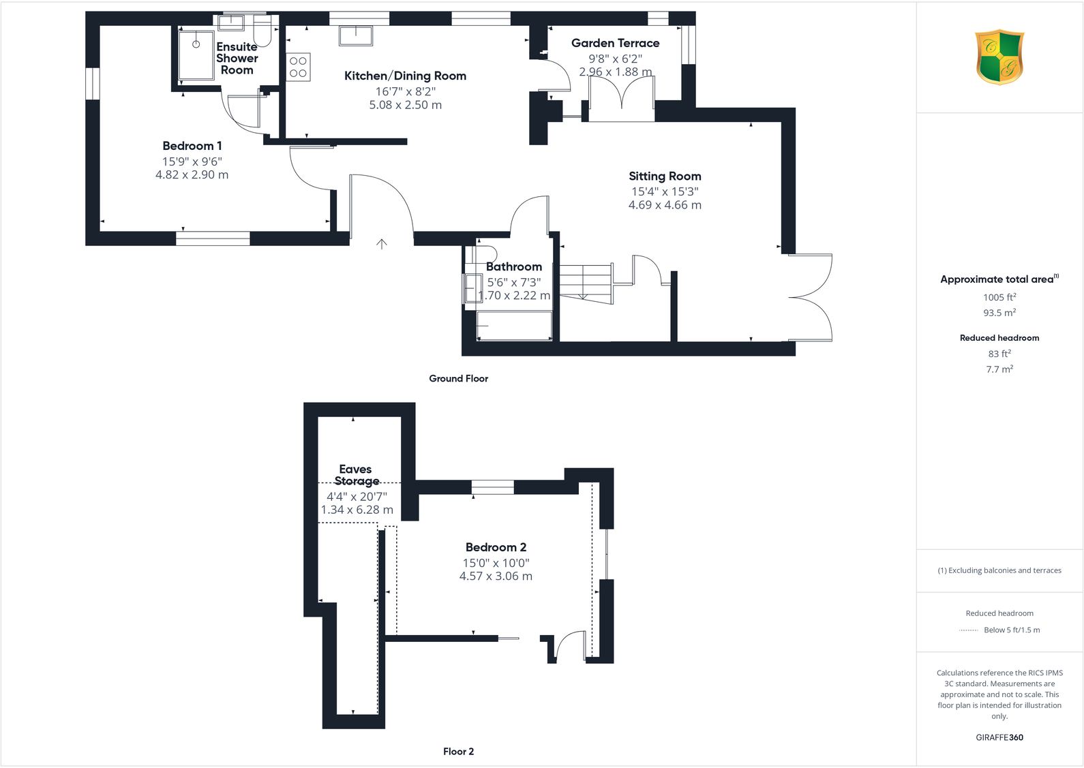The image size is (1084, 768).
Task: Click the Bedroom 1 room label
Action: [192, 146]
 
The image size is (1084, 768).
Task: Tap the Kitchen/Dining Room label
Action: [405, 76]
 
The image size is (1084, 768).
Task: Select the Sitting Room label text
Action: [665, 176]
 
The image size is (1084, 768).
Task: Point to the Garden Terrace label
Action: [615, 43]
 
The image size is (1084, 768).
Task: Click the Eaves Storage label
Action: [356, 475]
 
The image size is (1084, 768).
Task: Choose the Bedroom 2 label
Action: [496, 547]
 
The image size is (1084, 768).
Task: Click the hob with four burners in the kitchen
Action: [298, 67]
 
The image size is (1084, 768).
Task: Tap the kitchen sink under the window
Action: [356, 35]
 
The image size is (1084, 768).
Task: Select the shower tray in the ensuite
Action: [196, 55]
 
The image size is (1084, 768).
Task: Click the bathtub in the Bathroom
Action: [514, 326]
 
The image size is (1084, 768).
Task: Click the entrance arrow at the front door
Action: [382, 244]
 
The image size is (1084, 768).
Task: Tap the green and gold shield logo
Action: [999, 57]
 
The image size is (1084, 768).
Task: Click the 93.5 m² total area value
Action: [999, 313]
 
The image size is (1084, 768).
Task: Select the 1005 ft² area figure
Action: [999, 297]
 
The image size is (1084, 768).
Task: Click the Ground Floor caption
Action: [458, 378]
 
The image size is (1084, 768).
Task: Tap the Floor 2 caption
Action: [458, 751]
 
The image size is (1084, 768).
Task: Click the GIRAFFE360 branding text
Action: [999, 737]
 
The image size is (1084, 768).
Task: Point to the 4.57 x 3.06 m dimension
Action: [496, 577]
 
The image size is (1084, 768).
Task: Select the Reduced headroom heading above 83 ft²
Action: [999, 338]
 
